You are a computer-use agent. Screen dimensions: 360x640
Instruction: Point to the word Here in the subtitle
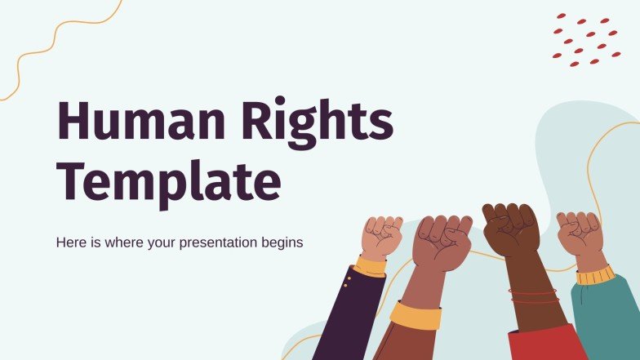(x=70, y=242)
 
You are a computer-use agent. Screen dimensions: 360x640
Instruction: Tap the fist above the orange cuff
(x=442, y=242)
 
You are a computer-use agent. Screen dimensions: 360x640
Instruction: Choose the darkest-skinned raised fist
(x=511, y=228)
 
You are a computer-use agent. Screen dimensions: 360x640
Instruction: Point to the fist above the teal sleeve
(x=580, y=233)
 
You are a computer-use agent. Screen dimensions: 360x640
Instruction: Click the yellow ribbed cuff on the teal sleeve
(x=594, y=275)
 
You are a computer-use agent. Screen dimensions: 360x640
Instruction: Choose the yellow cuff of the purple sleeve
(x=371, y=266)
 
